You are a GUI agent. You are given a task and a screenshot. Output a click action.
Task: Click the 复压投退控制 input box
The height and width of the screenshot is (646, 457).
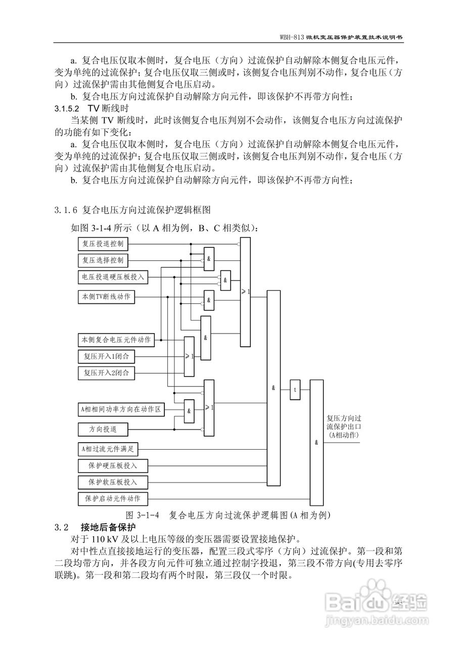coord(103,244)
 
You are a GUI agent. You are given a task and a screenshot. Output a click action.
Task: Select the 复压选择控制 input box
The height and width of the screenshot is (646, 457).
coord(103,260)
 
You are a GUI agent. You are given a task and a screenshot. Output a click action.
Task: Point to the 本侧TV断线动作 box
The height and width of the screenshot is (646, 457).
coord(106,297)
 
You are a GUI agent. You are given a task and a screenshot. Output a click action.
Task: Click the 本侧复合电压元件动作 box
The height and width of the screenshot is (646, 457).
coord(116,340)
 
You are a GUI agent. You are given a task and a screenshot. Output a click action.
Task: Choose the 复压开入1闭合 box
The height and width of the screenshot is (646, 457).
coord(106,356)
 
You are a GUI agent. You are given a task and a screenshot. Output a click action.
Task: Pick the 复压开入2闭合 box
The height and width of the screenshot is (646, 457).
coord(106,373)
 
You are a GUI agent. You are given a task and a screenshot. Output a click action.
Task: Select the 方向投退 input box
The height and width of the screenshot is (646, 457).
coord(103,429)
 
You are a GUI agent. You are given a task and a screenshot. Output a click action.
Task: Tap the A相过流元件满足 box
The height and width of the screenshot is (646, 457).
coord(108,448)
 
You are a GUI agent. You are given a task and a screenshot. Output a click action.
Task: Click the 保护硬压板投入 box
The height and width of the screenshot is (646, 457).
coord(112,465)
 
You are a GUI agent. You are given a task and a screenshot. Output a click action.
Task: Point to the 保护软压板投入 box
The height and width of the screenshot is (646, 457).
coord(112,481)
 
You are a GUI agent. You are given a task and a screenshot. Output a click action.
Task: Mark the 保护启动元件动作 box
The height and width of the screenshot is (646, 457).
coord(112,499)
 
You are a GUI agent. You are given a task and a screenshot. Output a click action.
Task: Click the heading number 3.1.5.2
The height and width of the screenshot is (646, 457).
coord(67,109)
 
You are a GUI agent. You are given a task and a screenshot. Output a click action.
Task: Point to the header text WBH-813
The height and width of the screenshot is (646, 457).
coord(291,38)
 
